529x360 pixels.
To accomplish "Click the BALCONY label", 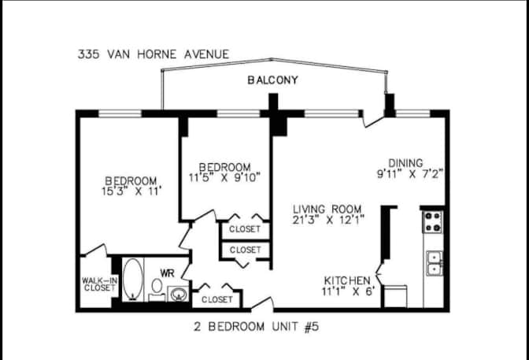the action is [272, 80].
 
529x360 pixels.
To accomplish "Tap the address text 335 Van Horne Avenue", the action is [154, 54].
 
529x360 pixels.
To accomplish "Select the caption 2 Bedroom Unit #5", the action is [257, 327].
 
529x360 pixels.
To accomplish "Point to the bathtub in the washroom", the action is [132, 280].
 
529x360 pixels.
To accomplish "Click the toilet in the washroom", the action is [157, 289].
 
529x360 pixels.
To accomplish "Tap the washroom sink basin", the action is [178, 294].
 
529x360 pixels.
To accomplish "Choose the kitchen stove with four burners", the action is [432, 222].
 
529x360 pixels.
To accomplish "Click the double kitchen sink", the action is [435, 263].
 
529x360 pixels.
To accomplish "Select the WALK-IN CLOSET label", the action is [99, 284].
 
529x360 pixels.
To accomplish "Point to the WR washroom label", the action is [167, 273].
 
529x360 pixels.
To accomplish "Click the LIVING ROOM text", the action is [327, 209].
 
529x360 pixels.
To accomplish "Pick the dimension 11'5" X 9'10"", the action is [224, 177].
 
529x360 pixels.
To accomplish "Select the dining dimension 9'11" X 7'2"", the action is [409, 174].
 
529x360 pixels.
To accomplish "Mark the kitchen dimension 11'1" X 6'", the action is [348, 291].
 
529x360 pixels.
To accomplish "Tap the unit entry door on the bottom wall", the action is [262, 303].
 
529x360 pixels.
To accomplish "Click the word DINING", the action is [405, 163].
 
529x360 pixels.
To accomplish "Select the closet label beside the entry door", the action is [217, 299].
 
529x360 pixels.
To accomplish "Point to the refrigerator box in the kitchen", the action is [395, 296].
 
